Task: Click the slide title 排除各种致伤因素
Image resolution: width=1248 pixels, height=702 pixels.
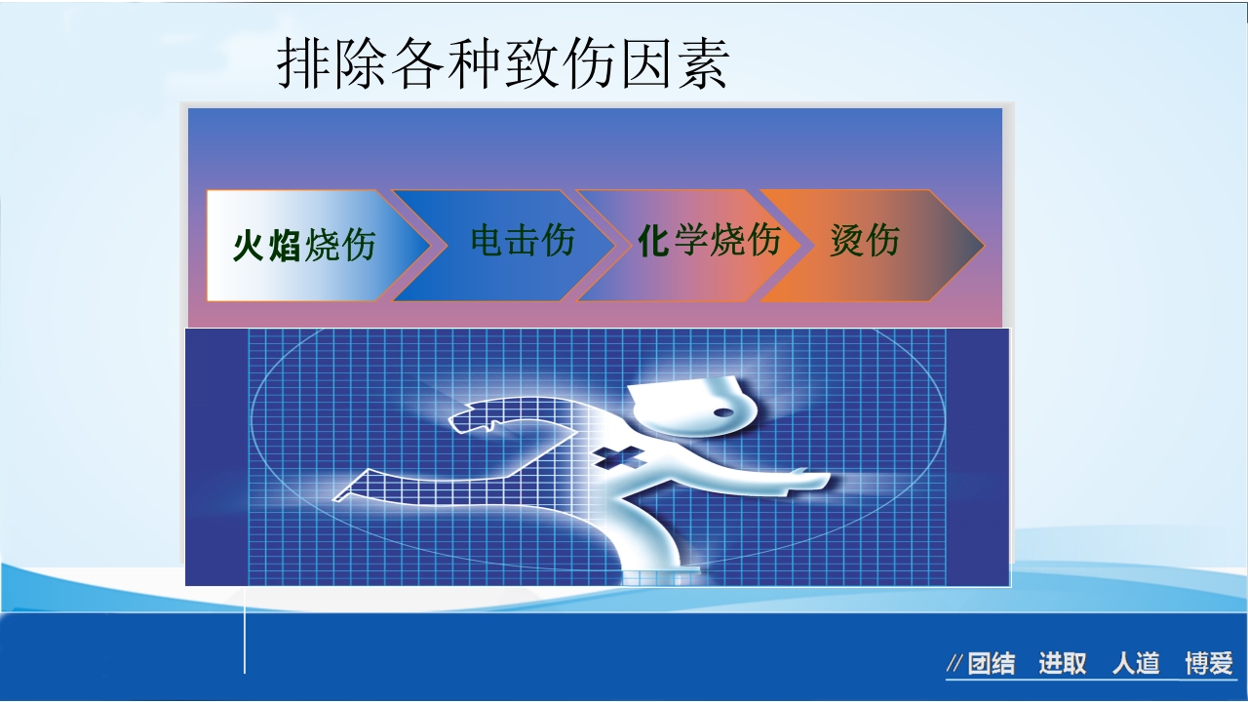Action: click(x=502, y=65)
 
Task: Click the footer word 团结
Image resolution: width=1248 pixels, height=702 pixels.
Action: click(x=991, y=665)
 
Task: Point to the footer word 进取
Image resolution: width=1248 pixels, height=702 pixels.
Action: click(x=1062, y=665)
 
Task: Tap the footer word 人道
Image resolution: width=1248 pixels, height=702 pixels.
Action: click(x=1136, y=665)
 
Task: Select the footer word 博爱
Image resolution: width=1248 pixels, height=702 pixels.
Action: click(x=1209, y=665)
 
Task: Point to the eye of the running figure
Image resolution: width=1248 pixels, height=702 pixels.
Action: click(x=722, y=412)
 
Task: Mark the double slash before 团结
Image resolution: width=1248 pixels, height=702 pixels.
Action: click(x=955, y=665)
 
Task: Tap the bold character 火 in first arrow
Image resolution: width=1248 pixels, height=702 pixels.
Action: click(x=250, y=246)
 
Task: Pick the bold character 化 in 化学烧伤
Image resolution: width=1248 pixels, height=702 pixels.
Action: click(x=653, y=240)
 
